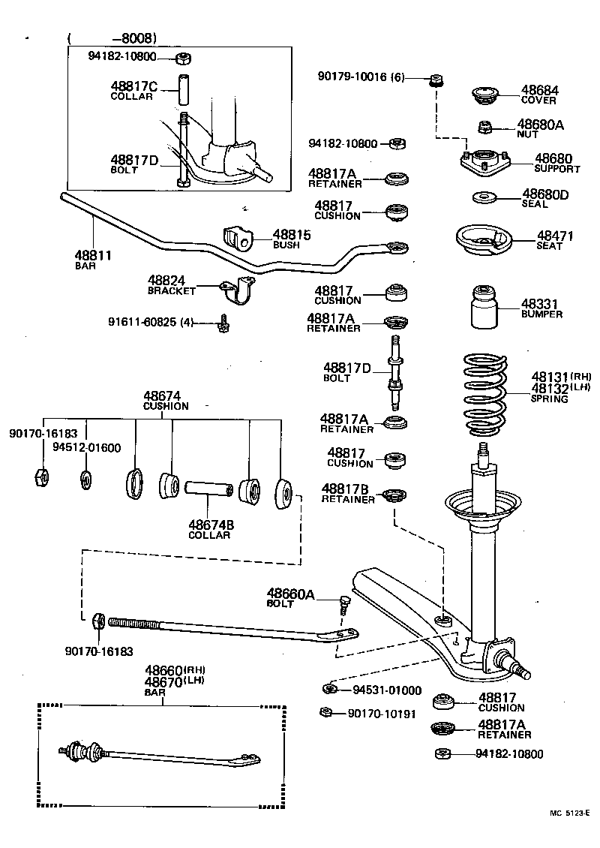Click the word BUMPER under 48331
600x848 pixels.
(541, 314)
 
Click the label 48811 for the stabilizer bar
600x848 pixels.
(93, 256)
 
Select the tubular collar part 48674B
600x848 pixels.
(207, 492)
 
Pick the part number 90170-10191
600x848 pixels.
(381, 714)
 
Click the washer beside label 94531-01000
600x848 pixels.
(328, 689)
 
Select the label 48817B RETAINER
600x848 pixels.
(348, 492)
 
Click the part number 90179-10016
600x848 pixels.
(352, 77)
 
